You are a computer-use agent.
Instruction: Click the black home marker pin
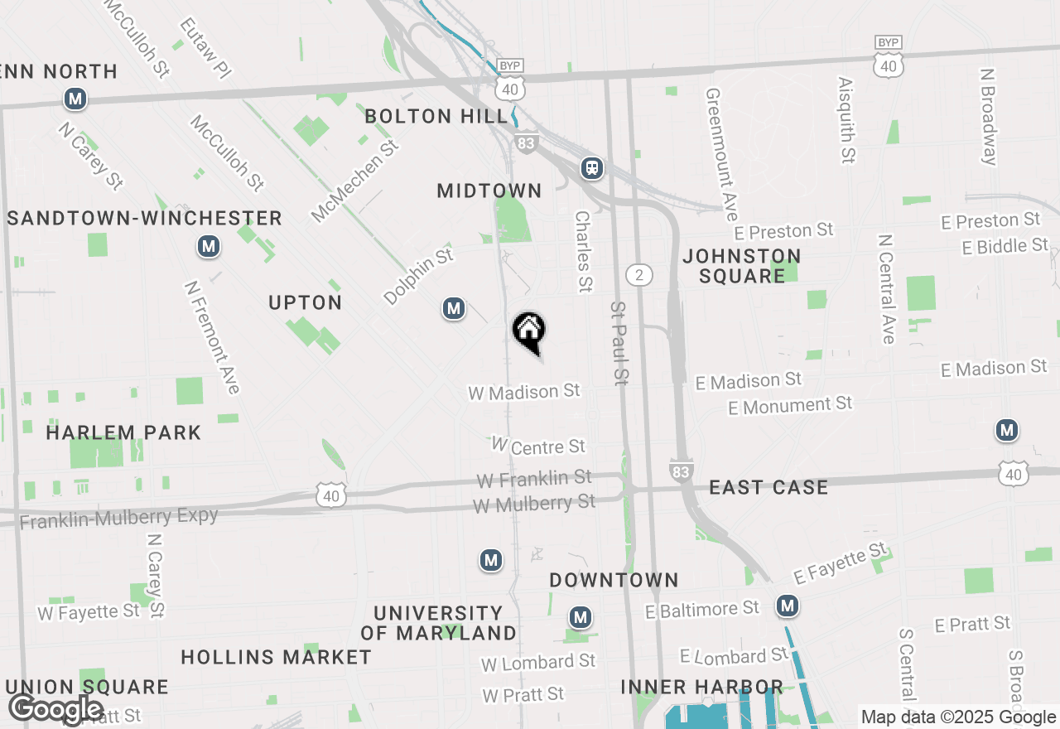(529, 331)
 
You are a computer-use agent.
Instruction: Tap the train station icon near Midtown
(592, 168)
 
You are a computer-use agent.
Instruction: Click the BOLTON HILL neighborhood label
(436, 116)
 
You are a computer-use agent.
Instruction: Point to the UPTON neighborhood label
(306, 303)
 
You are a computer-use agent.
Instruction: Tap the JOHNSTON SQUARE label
(741, 266)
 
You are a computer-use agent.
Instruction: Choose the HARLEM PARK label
(123, 432)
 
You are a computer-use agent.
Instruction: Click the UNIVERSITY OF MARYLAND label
(438, 623)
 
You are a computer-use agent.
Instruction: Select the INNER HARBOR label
(702, 687)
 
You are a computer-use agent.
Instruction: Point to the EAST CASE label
(768, 487)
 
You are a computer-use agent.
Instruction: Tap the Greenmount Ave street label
(721, 154)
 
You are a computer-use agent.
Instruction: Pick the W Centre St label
(539, 447)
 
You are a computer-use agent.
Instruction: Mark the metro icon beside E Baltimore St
(787, 606)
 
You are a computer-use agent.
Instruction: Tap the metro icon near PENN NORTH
(75, 99)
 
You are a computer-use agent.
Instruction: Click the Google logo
(56, 708)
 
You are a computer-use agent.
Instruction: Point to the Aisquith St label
(846, 120)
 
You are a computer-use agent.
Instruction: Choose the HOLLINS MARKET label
(276, 658)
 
